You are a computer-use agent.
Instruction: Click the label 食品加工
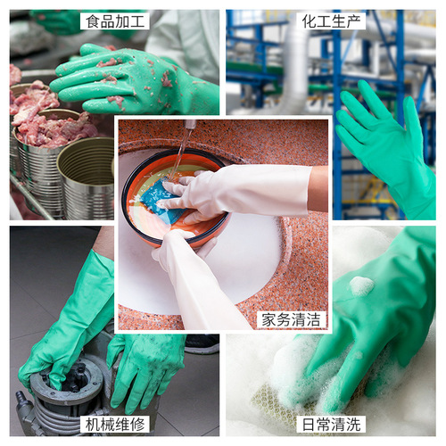pos(113,21)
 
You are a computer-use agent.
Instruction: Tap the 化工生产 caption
pos(332,21)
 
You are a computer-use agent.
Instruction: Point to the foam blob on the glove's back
pos(361,285)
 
